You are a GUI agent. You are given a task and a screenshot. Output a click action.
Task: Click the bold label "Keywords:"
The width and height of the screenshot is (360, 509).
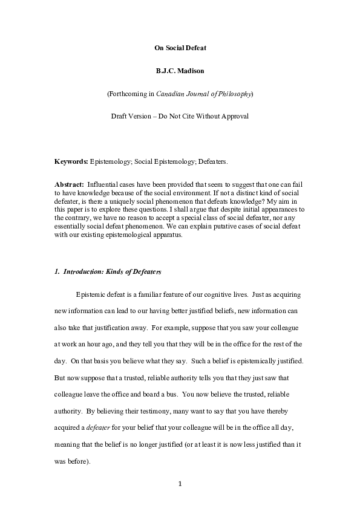coord(71,162)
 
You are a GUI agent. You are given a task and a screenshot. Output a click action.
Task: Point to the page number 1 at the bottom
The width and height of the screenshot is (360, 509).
coord(180,484)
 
